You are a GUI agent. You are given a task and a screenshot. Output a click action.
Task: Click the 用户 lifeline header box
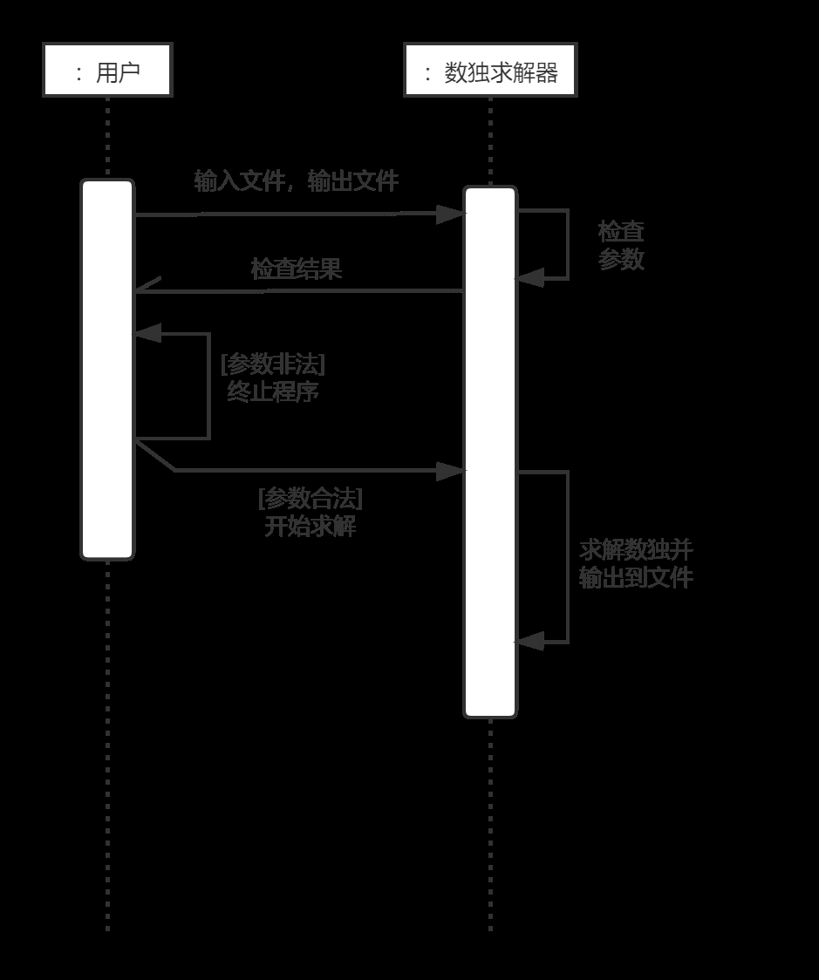(107, 70)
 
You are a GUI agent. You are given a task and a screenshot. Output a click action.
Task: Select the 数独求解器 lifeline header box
(490, 70)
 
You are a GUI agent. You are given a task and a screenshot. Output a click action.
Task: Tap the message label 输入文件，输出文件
(296, 181)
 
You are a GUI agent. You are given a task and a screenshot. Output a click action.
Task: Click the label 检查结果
(296, 269)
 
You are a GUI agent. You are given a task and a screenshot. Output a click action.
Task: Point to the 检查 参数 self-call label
(621, 245)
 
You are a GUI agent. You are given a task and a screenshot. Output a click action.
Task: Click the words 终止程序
(272, 391)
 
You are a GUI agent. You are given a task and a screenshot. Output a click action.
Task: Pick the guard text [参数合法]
(310, 499)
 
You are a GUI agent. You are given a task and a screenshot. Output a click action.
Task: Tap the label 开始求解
(310, 527)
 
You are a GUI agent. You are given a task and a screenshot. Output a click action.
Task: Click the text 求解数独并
(636, 549)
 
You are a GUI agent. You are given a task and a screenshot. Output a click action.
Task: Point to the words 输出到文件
(636, 577)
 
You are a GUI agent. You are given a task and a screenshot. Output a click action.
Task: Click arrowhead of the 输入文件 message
(452, 214)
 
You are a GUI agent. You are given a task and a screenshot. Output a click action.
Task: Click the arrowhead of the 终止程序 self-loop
(147, 333)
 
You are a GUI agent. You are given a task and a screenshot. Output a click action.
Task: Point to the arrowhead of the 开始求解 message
(452, 471)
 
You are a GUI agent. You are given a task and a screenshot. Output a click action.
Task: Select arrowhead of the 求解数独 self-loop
(529, 643)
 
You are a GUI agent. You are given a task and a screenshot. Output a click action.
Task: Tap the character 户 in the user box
(129, 71)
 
